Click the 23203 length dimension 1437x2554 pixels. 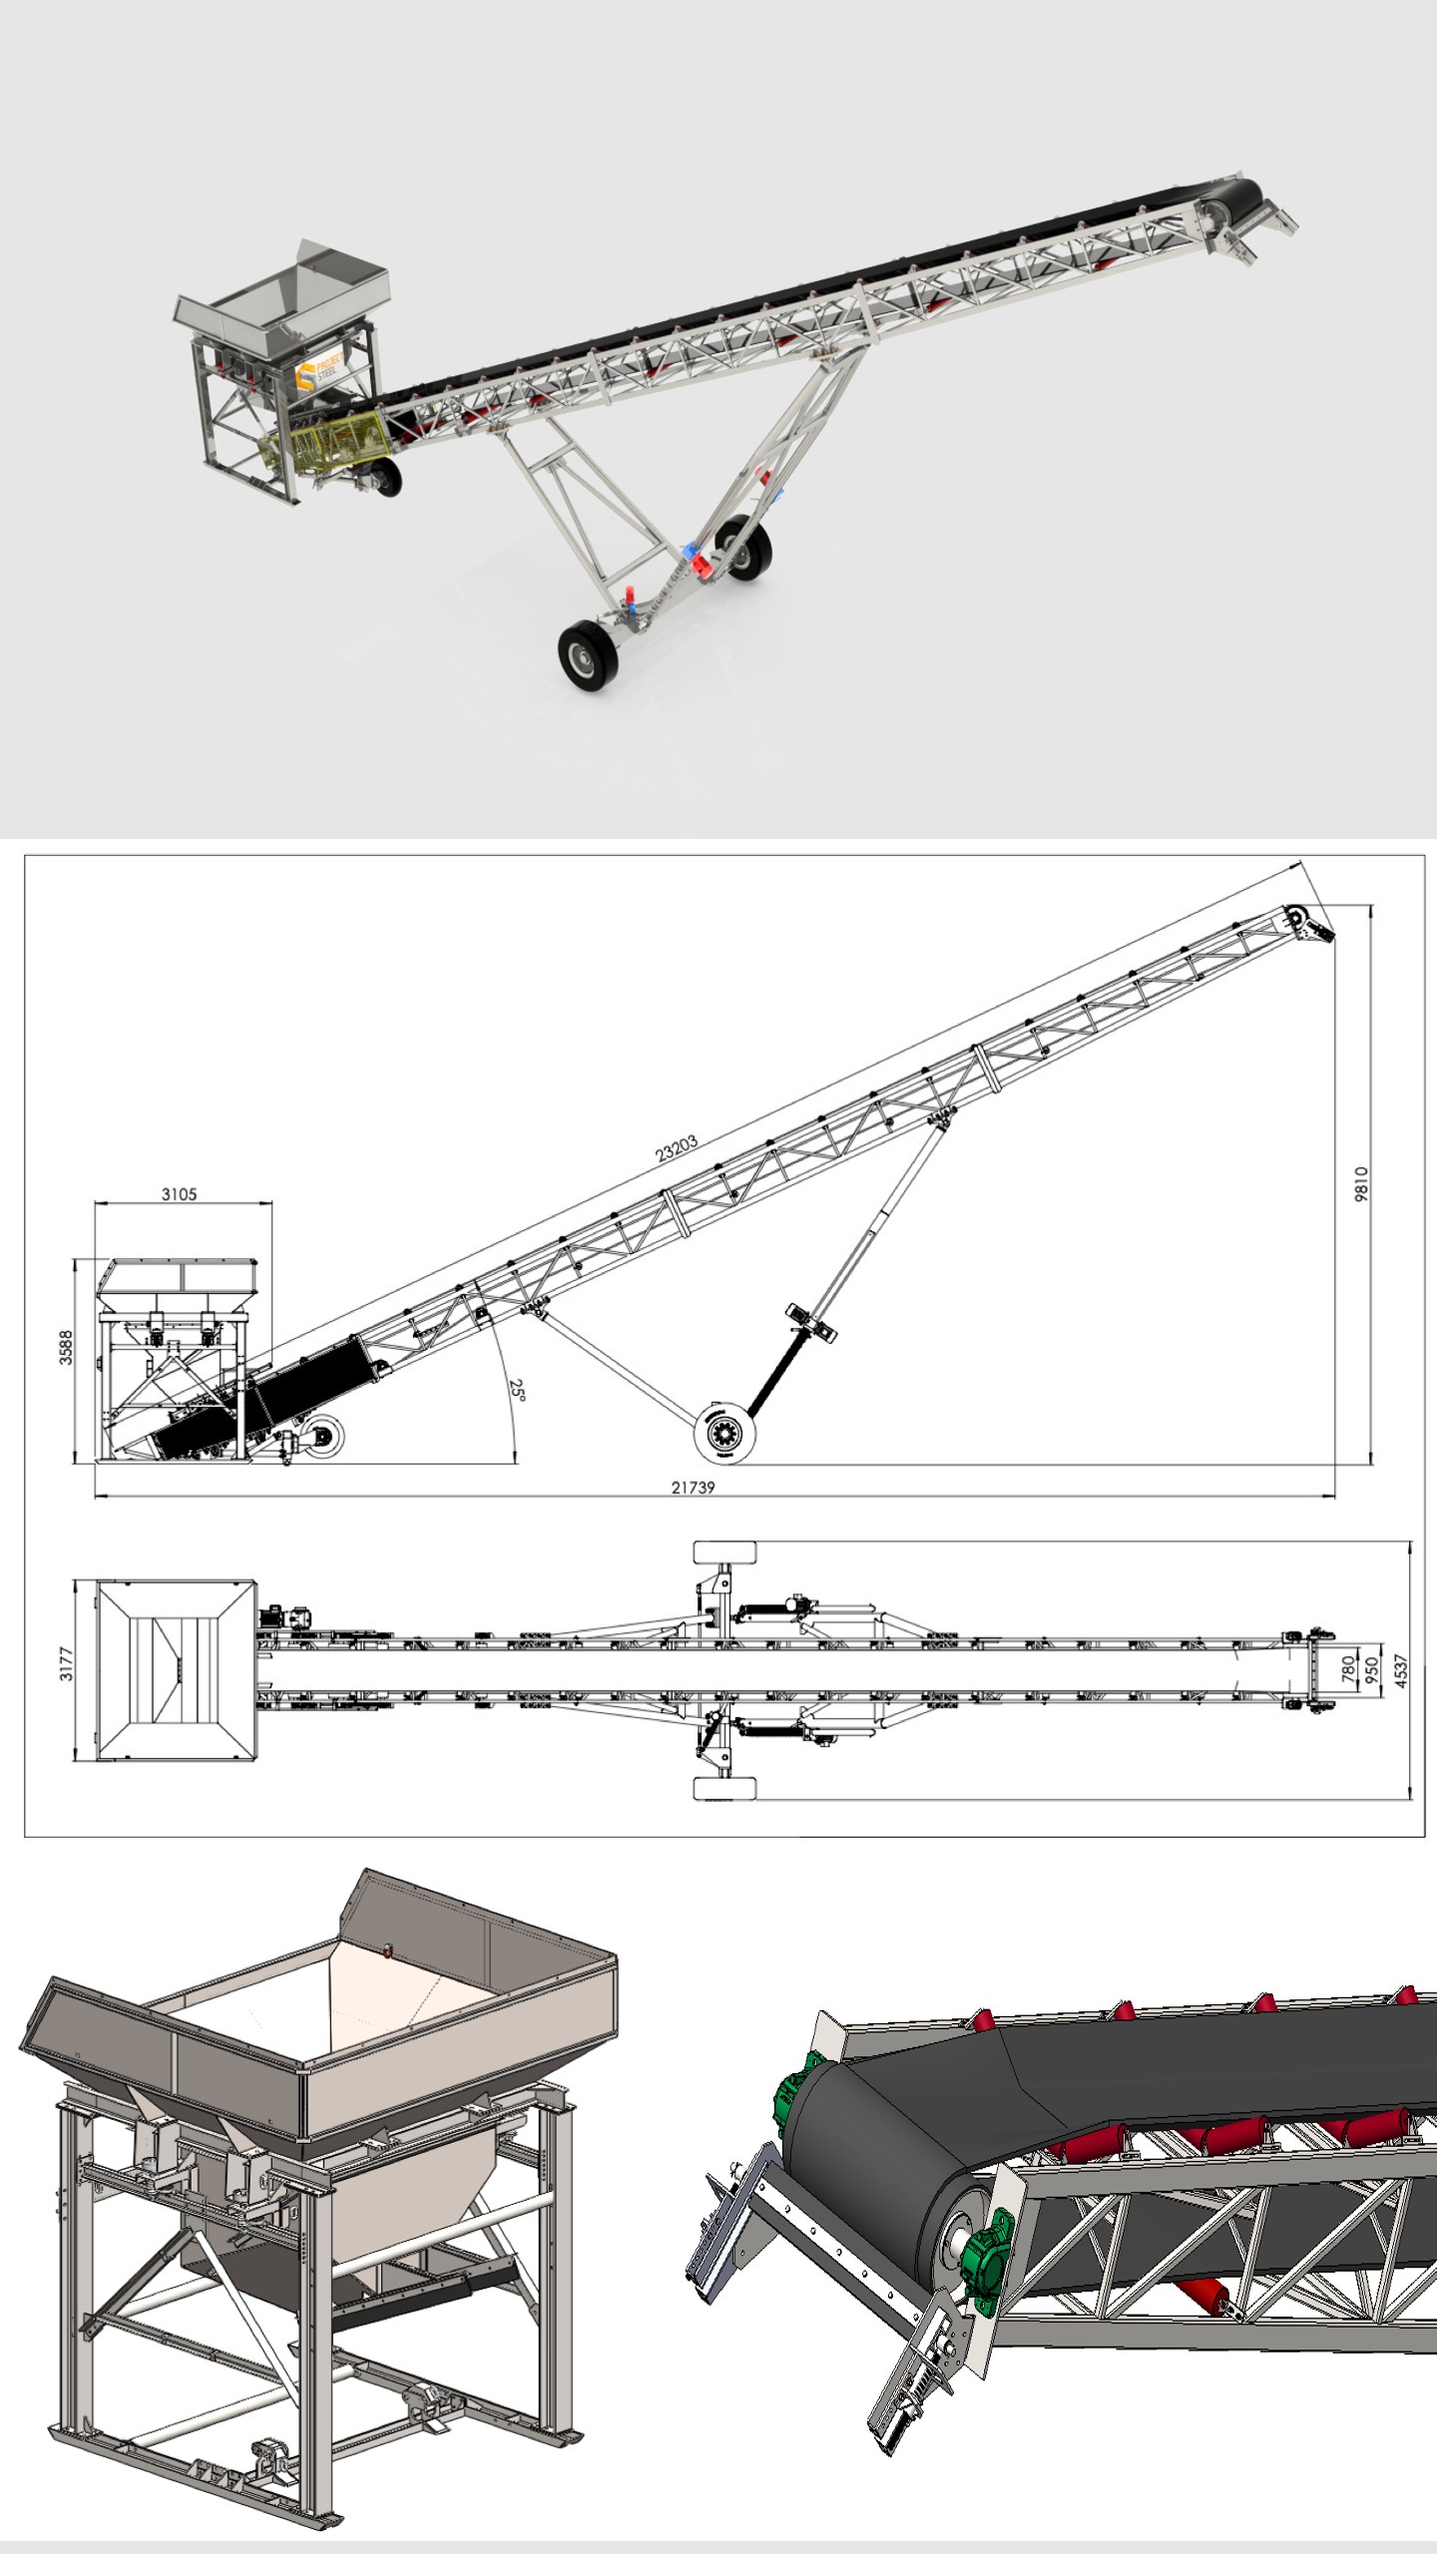[x=677, y=1149]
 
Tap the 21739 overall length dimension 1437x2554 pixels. [x=693, y=1488]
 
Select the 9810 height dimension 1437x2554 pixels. [x=1361, y=1184]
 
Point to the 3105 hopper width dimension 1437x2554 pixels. [x=180, y=1194]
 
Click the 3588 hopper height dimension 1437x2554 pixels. [x=66, y=1347]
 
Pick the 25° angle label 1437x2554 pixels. [x=517, y=1390]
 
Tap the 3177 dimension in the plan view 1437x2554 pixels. [x=66, y=1663]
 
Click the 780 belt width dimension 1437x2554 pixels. [x=1348, y=1667]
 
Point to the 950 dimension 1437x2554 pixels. [x=1372, y=1669]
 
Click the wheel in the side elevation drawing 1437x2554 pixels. [x=725, y=1434]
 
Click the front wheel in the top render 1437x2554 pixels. [x=583, y=654]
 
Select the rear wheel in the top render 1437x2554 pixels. [x=745, y=548]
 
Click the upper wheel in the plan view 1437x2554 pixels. [x=725, y=1554]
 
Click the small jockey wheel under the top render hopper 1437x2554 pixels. [x=384, y=477]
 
